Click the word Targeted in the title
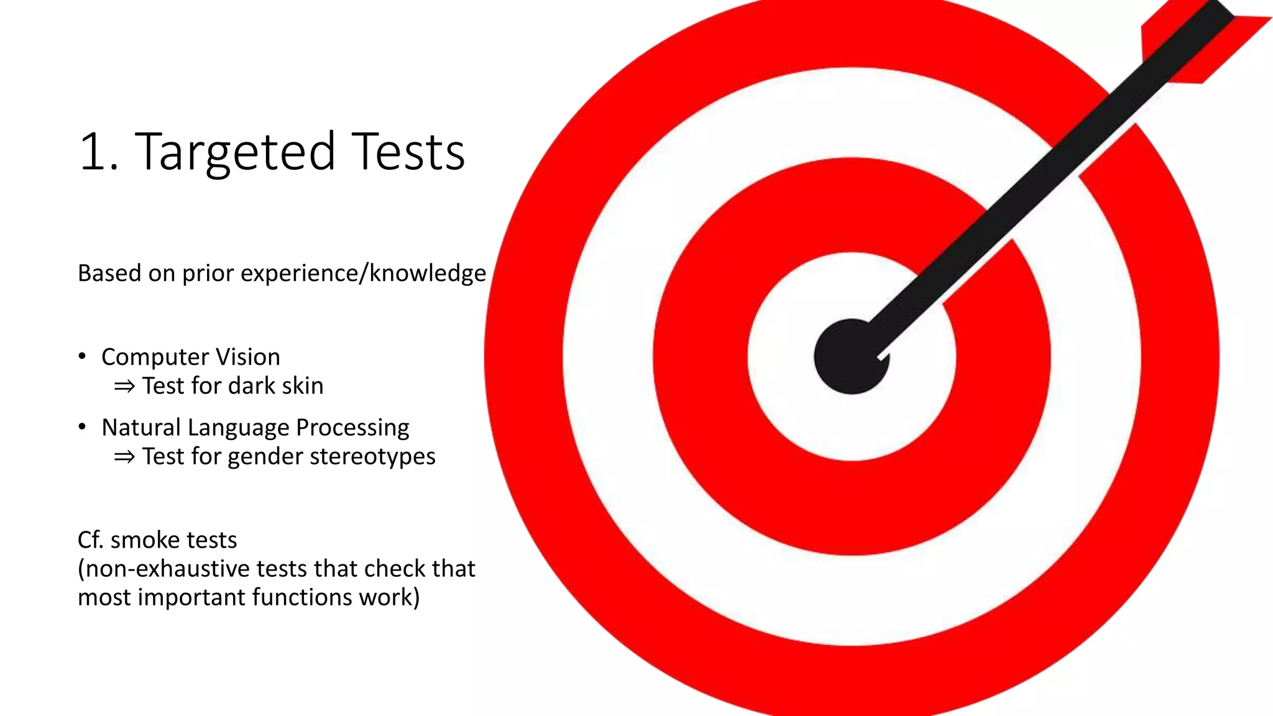point(235,153)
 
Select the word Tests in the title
point(410,152)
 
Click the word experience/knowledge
point(363,273)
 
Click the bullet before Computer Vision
point(82,356)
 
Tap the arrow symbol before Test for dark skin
point(124,387)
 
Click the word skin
point(302,386)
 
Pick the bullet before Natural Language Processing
point(82,426)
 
